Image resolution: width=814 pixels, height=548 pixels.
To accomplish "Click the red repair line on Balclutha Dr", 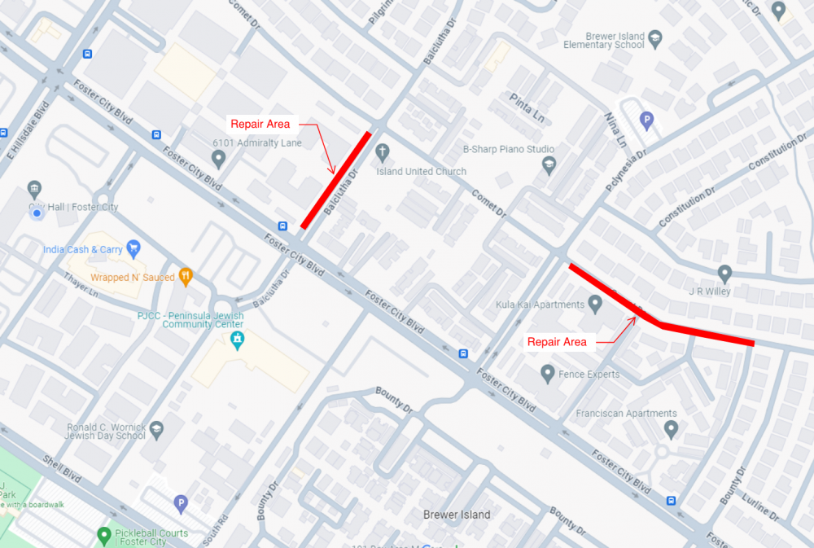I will pyautogui.click(x=335, y=180).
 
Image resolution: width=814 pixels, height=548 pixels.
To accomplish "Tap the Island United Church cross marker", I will pyautogui.click(x=383, y=152).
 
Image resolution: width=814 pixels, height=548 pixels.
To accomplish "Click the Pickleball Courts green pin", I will pyautogui.click(x=104, y=536).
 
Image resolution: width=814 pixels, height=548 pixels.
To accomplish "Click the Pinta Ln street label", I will pyautogui.click(x=526, y=102).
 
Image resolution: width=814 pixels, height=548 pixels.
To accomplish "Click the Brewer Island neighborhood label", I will pyautogui.click(x=457, y=515).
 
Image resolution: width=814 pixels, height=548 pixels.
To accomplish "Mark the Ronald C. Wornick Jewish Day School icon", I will pyautogui.click(x=156, y=428).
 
